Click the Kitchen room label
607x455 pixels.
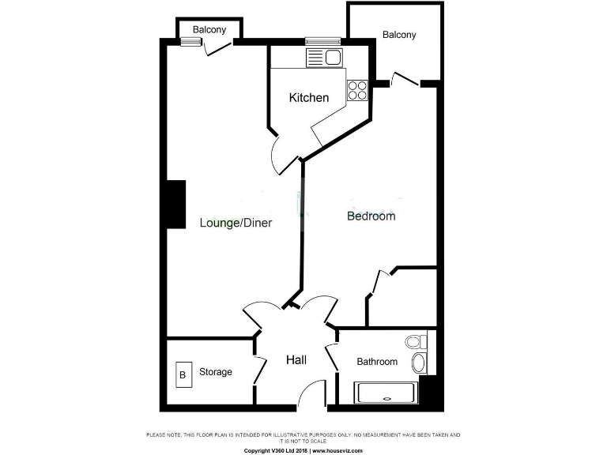point(308,98)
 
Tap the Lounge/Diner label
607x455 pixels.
point(236,223)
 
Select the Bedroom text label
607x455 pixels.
point(371,216)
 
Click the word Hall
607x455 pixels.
point(296,360)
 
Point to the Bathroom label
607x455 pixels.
point(377,362)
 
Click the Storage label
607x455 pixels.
point(215,372)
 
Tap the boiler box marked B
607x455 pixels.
point(183,374)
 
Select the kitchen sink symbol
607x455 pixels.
point(323,57)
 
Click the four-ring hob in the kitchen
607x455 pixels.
point(357,89)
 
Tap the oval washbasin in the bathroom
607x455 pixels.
point(419,363)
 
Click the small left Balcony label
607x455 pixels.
point(209,30)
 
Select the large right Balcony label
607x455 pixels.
point(399,35)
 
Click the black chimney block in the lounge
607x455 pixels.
point(175,205)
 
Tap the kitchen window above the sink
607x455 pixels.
point(322,41)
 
